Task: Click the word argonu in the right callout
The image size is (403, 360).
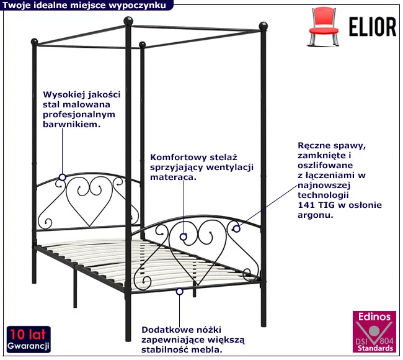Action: [316, 215]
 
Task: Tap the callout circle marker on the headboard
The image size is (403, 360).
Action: [62, 178]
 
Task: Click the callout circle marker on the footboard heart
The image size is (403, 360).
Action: [184, 236]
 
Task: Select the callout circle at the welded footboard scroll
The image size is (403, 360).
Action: [236, 229]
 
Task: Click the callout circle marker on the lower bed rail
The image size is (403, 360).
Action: [180, 291]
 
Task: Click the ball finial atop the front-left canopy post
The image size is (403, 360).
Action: [130, 20]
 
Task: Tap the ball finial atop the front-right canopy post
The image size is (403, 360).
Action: [263, 27]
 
